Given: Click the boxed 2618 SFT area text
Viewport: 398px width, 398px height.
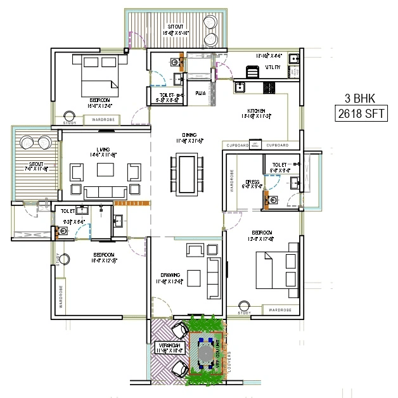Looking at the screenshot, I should pyautogui.click(x=358, y=115).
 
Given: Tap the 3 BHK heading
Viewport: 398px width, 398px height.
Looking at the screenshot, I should pyautogui.click(x=357, y=99).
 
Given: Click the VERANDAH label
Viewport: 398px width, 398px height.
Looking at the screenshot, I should pyautogui.click(x=169, y=345).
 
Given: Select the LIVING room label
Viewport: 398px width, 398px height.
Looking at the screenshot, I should pyautogui.click(x=99, y=150).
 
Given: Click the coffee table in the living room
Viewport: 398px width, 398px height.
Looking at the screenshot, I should pyautogui.click(x=105, y=170).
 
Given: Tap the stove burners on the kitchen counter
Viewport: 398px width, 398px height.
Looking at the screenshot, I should pyautogui.click(x=268, y=88).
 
